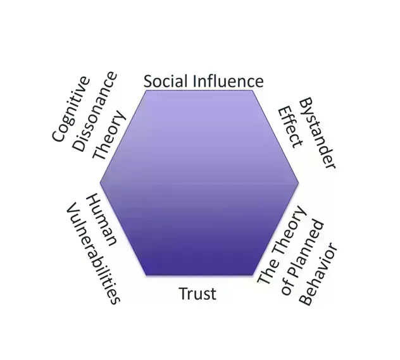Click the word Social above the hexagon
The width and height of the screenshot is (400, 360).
pos(165,81)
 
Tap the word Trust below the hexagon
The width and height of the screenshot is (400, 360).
pos(197,294)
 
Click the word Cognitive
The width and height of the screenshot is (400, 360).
pos(71,109)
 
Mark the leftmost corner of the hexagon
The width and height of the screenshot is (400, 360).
pos(100,183)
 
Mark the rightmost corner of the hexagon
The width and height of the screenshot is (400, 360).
pos(299,183)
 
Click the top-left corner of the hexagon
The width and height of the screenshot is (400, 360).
pos(147,90)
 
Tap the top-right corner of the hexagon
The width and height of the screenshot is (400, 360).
pos(253,90)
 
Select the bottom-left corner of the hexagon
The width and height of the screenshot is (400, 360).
pos(147,275)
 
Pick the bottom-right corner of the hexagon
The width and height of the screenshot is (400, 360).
pos(253,275)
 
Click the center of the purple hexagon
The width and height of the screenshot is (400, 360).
pos(199,183)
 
